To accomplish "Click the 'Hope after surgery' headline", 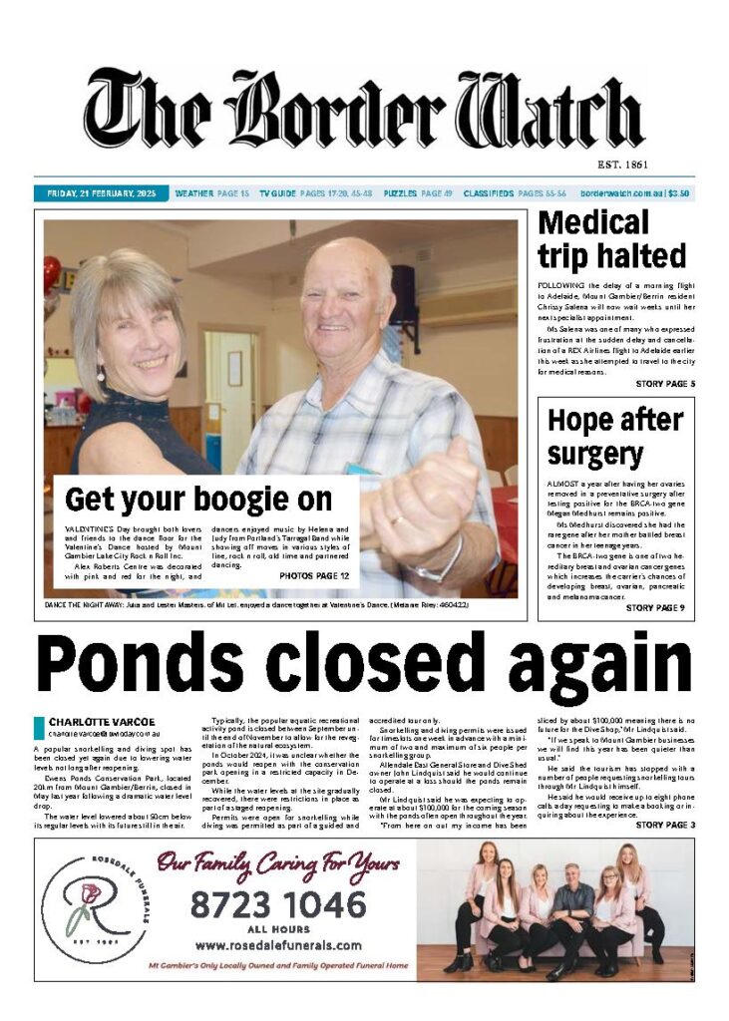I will point(614,436).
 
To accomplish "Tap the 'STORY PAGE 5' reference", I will point(665,384).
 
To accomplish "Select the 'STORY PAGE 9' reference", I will point(654,608).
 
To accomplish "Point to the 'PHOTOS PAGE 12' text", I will point(314,576).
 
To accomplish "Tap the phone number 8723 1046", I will point(278,905).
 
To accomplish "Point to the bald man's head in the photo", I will point(345,289).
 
